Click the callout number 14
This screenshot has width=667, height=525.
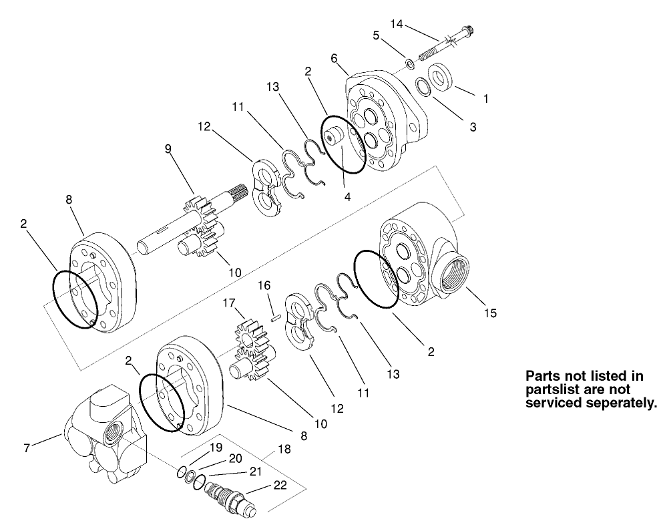pyautogui.click(x=397, y=24)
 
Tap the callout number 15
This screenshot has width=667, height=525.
pyautogui.click(x=491, y=312)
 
